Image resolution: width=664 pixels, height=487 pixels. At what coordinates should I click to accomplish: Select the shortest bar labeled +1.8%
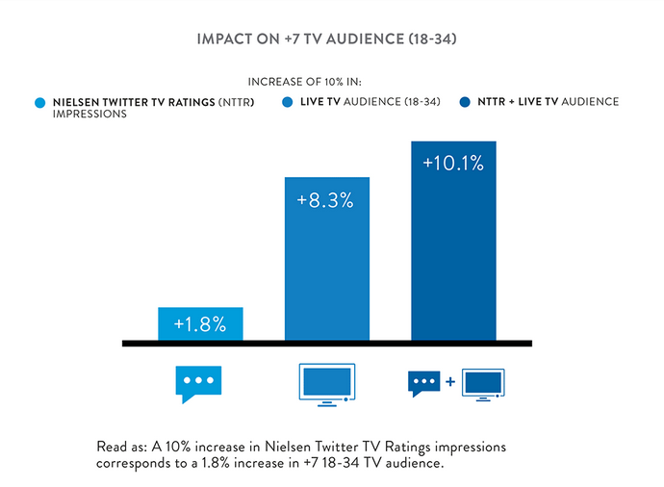[200, 324]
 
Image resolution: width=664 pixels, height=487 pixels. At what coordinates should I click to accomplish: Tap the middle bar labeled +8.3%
[326, 260]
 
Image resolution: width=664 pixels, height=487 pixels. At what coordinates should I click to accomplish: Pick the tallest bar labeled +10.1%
[452, 241]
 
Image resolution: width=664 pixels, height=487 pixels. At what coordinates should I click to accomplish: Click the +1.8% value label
[200, 324]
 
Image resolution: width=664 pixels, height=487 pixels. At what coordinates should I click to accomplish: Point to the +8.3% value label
[326, 201]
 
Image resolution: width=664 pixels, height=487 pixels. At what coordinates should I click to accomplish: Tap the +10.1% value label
[452, 164]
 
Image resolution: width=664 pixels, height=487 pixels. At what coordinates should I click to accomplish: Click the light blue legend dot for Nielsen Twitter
[39, 102]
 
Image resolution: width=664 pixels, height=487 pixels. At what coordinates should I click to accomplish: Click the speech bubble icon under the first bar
[199, 383]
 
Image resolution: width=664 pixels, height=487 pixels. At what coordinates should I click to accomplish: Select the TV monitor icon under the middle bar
[326, 383]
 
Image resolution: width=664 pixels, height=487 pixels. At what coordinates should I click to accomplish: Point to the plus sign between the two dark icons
[450, 383]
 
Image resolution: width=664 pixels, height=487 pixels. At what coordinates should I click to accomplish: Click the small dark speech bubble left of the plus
[424, 383]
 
